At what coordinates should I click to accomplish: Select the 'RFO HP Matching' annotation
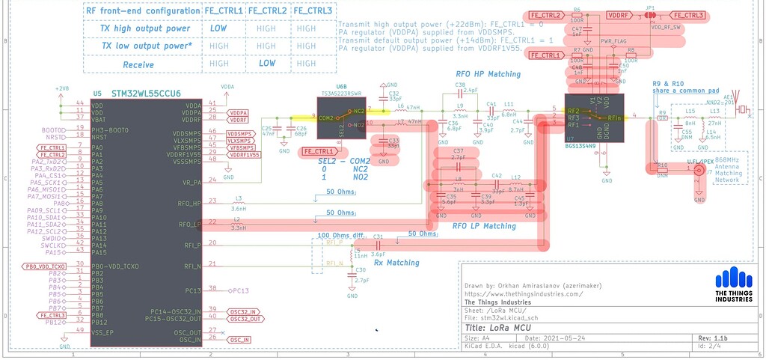pos(488,75)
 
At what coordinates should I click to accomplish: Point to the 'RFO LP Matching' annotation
pos(484,226)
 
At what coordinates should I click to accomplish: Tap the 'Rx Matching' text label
pos(397,263)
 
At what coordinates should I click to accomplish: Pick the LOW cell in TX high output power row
pos(219,28)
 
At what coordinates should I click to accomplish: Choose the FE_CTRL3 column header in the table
pos(312,11)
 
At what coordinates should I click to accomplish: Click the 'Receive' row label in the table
pos(138,65)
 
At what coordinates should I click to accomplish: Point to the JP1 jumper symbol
pos(649,15)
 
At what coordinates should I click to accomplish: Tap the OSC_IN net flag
pos(240,339)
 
